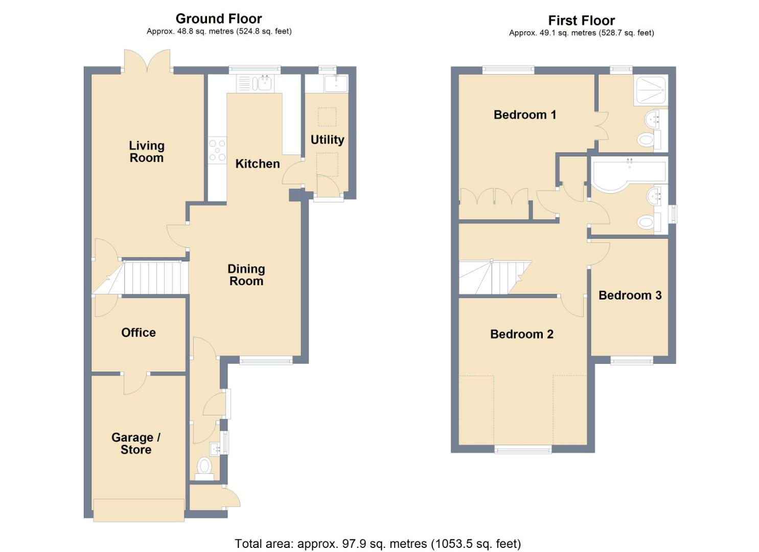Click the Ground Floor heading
(x=219, y=18)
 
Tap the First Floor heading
(x=582, y=20)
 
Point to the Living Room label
(x=147, y=152)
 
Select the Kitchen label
(x=258, y=164)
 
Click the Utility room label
(x=327, y=140)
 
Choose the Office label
(x=139, y=333)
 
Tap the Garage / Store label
(x=136, y=444)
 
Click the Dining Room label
(x=246, y=275)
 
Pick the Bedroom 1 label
(x=525, y=115)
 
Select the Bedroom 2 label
(x=522, y=334)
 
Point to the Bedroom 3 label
(x=630, y=295)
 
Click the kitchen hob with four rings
(x=217, y=150)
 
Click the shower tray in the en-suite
(x=651, y=90)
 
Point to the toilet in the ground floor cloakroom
(x=204, y=469)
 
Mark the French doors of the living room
(x=147, y=61)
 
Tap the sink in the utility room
(x=336, y=83)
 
